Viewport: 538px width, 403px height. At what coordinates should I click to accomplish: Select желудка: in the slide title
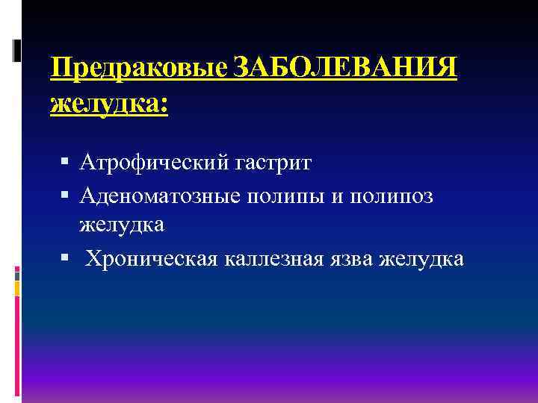(108, 104)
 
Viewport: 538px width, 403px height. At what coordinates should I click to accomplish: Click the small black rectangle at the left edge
(17, 49)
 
